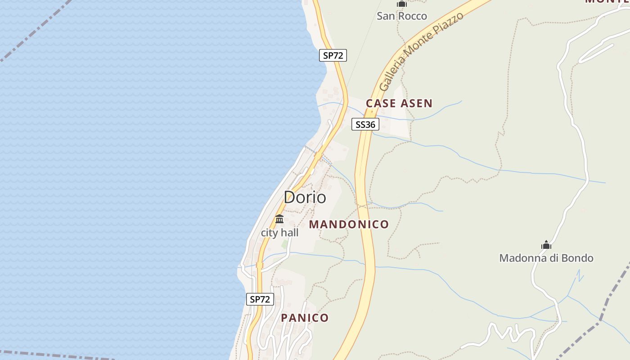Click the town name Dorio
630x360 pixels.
(x=305, y=197)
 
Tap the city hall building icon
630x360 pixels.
(x=279, y=219)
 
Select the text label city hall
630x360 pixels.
(x=279, y=233)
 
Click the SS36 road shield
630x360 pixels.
(x=365, y=124)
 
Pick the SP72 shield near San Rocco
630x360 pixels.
(x=333, y=55)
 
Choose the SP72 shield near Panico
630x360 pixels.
(x=260, y=299)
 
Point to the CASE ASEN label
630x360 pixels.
(x=399, y=103)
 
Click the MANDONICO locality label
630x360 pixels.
(x=349, y=224)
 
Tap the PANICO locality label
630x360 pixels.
(x=305, y=318)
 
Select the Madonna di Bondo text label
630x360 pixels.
(x=546, y=258)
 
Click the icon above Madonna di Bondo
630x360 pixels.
(x=546, y=245)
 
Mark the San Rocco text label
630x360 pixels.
(x=401, y=16)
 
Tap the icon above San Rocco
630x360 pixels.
(x=401, y=4)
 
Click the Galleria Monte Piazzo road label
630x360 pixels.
(x=421, y=51)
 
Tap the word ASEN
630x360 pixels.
(x=416, y=103)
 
